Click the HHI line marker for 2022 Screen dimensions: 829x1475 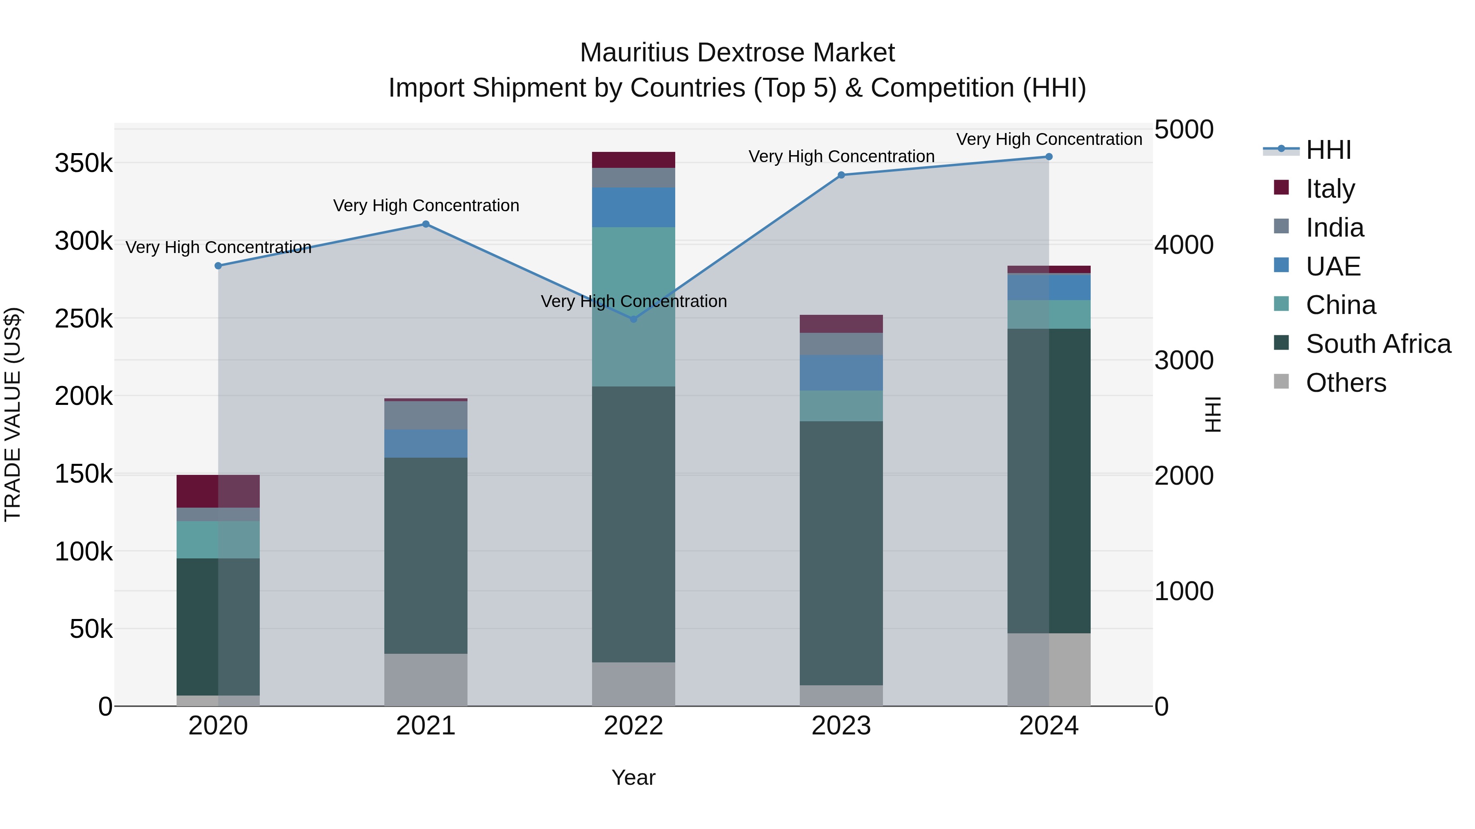pyautogui.click(x=633, y=319)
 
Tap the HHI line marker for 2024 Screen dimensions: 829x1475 pyautogui.click(x=1048, y=157)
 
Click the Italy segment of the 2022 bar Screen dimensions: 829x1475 pyautogui.click(x=633, y=160)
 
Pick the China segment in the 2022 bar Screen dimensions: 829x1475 pyautogui.click(x=633, y=306)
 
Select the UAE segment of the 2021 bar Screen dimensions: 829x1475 pyautogui.click(x=425, y=443)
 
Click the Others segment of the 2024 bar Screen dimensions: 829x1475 pyautogui.click(x=1048, y=669)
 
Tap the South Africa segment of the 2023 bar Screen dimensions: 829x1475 pyautogui.click(x=841, y=553)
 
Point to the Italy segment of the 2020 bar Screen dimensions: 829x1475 pyautogui.click(x=218, y=491)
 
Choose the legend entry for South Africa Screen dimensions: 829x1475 pyautogui.click(x=1377, y=344)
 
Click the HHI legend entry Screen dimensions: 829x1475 pyautogui.click(x=1328, y=150)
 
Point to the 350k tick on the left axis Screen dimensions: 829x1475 pyautogui.click(x=84, y=164)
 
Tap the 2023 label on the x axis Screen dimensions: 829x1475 pyautogui.click(x=841, y=726)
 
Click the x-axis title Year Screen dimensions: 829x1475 pyautogui.click(x=633, y=777)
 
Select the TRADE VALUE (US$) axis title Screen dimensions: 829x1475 pyautogui.click(x=13, y=414)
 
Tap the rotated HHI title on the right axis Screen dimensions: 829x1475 pyautogui.click(x=1213, y=414)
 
